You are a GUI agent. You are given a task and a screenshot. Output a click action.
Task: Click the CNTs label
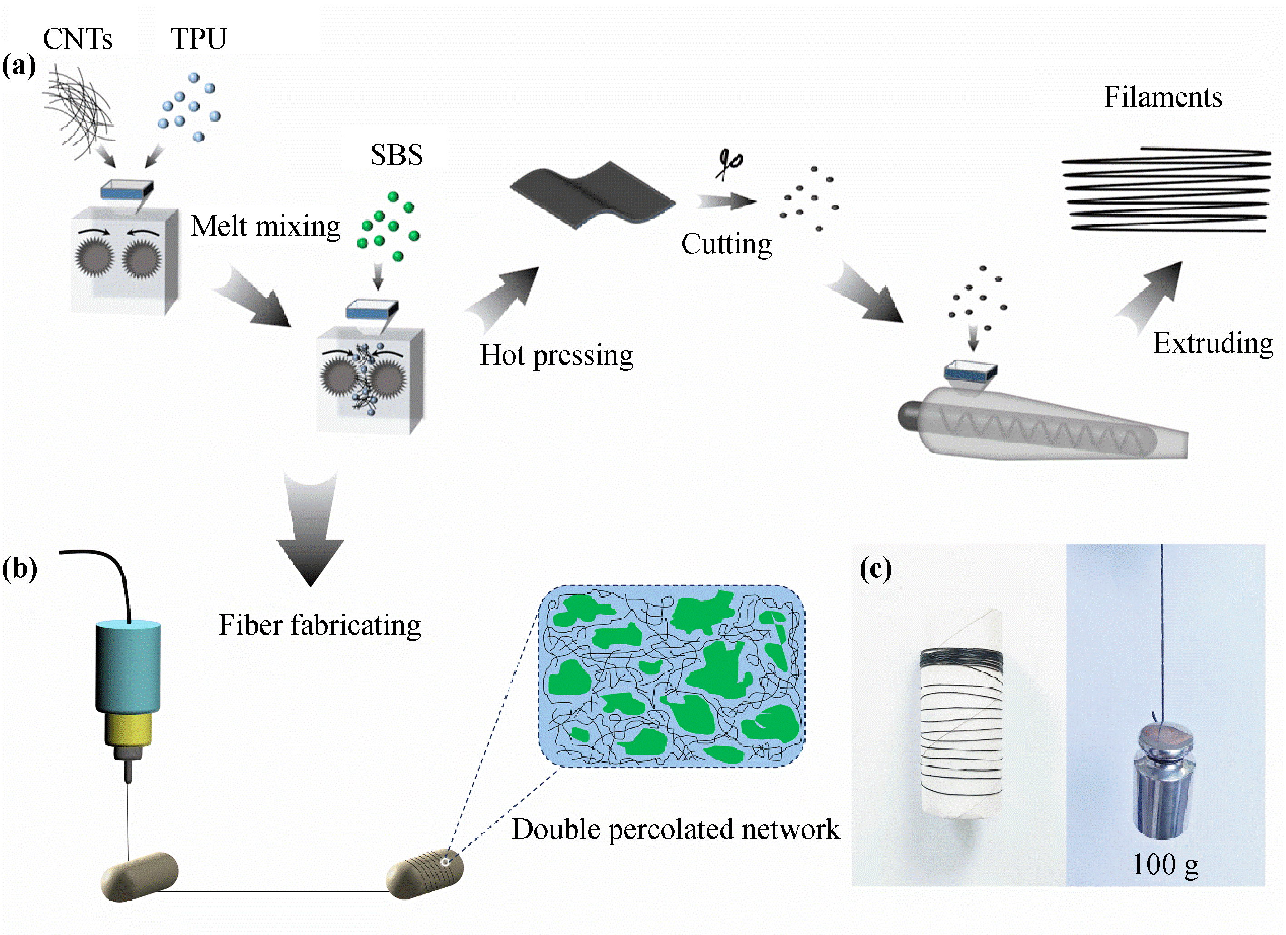(78, 39)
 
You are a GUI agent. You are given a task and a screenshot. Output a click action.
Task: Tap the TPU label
(199, 39)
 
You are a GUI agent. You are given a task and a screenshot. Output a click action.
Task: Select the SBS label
(396, 155)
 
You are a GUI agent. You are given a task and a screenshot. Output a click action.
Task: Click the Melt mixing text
(265, 226)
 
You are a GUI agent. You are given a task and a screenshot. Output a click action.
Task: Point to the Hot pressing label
(556, 355)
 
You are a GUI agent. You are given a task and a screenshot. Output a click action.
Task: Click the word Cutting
(726, 244)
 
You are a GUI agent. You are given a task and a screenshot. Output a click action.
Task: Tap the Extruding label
(1213, 343)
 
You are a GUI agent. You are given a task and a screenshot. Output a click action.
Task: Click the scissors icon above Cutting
(729, 164)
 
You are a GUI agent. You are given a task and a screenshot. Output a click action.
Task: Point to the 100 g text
(1165, 865)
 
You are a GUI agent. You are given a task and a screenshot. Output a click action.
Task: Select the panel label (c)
(875, 568)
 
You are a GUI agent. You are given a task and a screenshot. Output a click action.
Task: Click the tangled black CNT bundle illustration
(79, 107)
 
